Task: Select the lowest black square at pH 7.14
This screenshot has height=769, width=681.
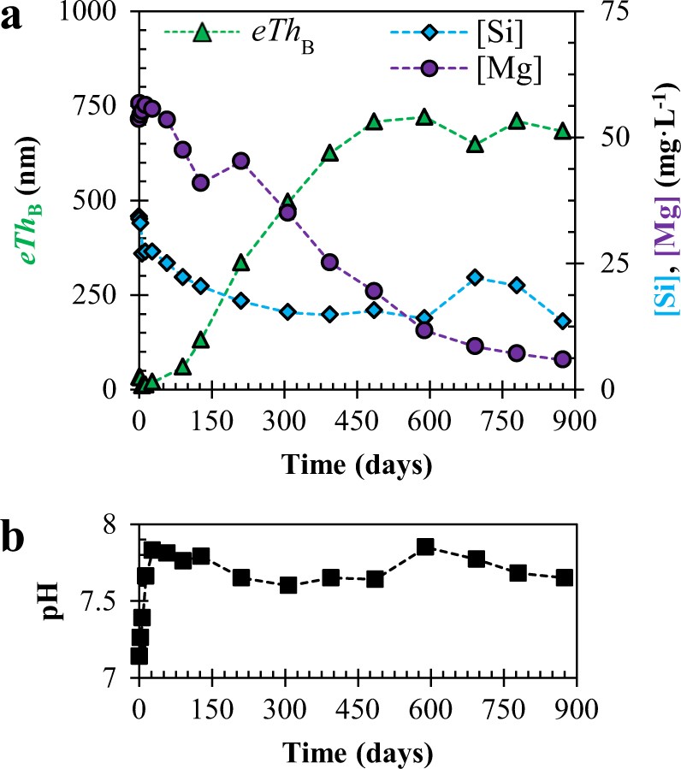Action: point(139,655)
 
